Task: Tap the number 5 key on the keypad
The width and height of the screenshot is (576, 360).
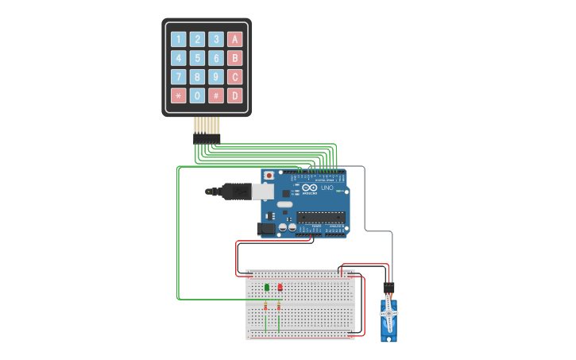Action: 197,58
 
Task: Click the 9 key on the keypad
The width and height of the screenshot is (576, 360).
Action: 215,77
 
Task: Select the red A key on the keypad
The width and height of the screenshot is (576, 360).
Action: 234,39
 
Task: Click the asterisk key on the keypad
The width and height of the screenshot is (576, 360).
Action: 178,96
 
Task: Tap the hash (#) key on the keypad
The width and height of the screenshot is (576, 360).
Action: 215,96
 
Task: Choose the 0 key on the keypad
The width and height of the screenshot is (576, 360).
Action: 197,96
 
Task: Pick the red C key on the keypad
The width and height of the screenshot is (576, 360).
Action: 234,77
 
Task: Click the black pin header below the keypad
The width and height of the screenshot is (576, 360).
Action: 207,138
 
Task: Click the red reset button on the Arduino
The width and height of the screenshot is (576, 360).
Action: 269,175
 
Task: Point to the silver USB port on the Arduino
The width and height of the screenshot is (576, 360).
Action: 263,191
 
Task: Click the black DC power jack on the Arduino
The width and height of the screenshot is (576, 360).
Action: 266,229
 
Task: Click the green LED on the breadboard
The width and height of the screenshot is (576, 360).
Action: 267,287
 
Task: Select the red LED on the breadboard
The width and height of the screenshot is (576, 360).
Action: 279,287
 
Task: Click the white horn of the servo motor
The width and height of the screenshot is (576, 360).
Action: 389,314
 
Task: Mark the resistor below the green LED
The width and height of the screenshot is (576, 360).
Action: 267,306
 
